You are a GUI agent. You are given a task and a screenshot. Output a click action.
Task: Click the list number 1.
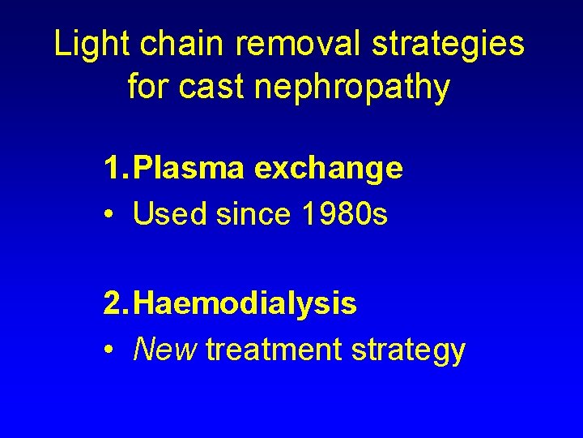click(114, 169)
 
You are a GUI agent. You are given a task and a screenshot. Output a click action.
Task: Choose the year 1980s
click(345, 214)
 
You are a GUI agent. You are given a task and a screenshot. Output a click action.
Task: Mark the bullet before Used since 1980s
click(109, 215)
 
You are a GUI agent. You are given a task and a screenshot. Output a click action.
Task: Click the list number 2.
click(114, 304)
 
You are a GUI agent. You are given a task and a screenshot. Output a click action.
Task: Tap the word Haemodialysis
click(245, 305)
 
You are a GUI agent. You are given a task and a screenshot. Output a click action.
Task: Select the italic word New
click(165, 350)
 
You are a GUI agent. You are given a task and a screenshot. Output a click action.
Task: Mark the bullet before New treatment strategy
click(109, 350)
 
